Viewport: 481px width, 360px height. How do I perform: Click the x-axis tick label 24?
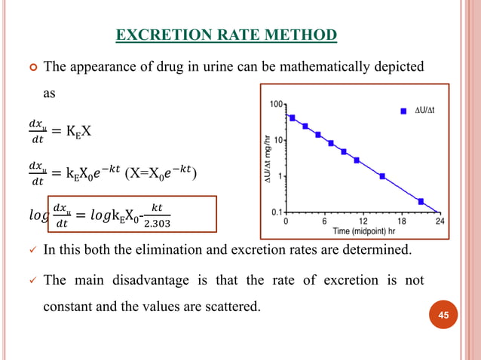pyautogui.click(x=440, y=222)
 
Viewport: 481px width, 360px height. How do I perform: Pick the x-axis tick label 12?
pyautogui.click(x=362, y=222)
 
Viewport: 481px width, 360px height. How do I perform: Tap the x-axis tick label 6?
pyautogui.click(x=323, y=222)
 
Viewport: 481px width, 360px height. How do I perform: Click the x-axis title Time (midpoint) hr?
pyautogui.click(x=361, y=231)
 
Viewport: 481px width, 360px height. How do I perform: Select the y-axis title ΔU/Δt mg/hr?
pyautogui.click(x=266, y=158)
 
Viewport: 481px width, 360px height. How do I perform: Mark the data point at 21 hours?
pyautogui.click(x=421, y=201)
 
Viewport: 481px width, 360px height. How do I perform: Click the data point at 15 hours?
pyautogui.click(x=382, y=176)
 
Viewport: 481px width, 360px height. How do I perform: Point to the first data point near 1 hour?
pyautogui.click(x=292, y=117)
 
